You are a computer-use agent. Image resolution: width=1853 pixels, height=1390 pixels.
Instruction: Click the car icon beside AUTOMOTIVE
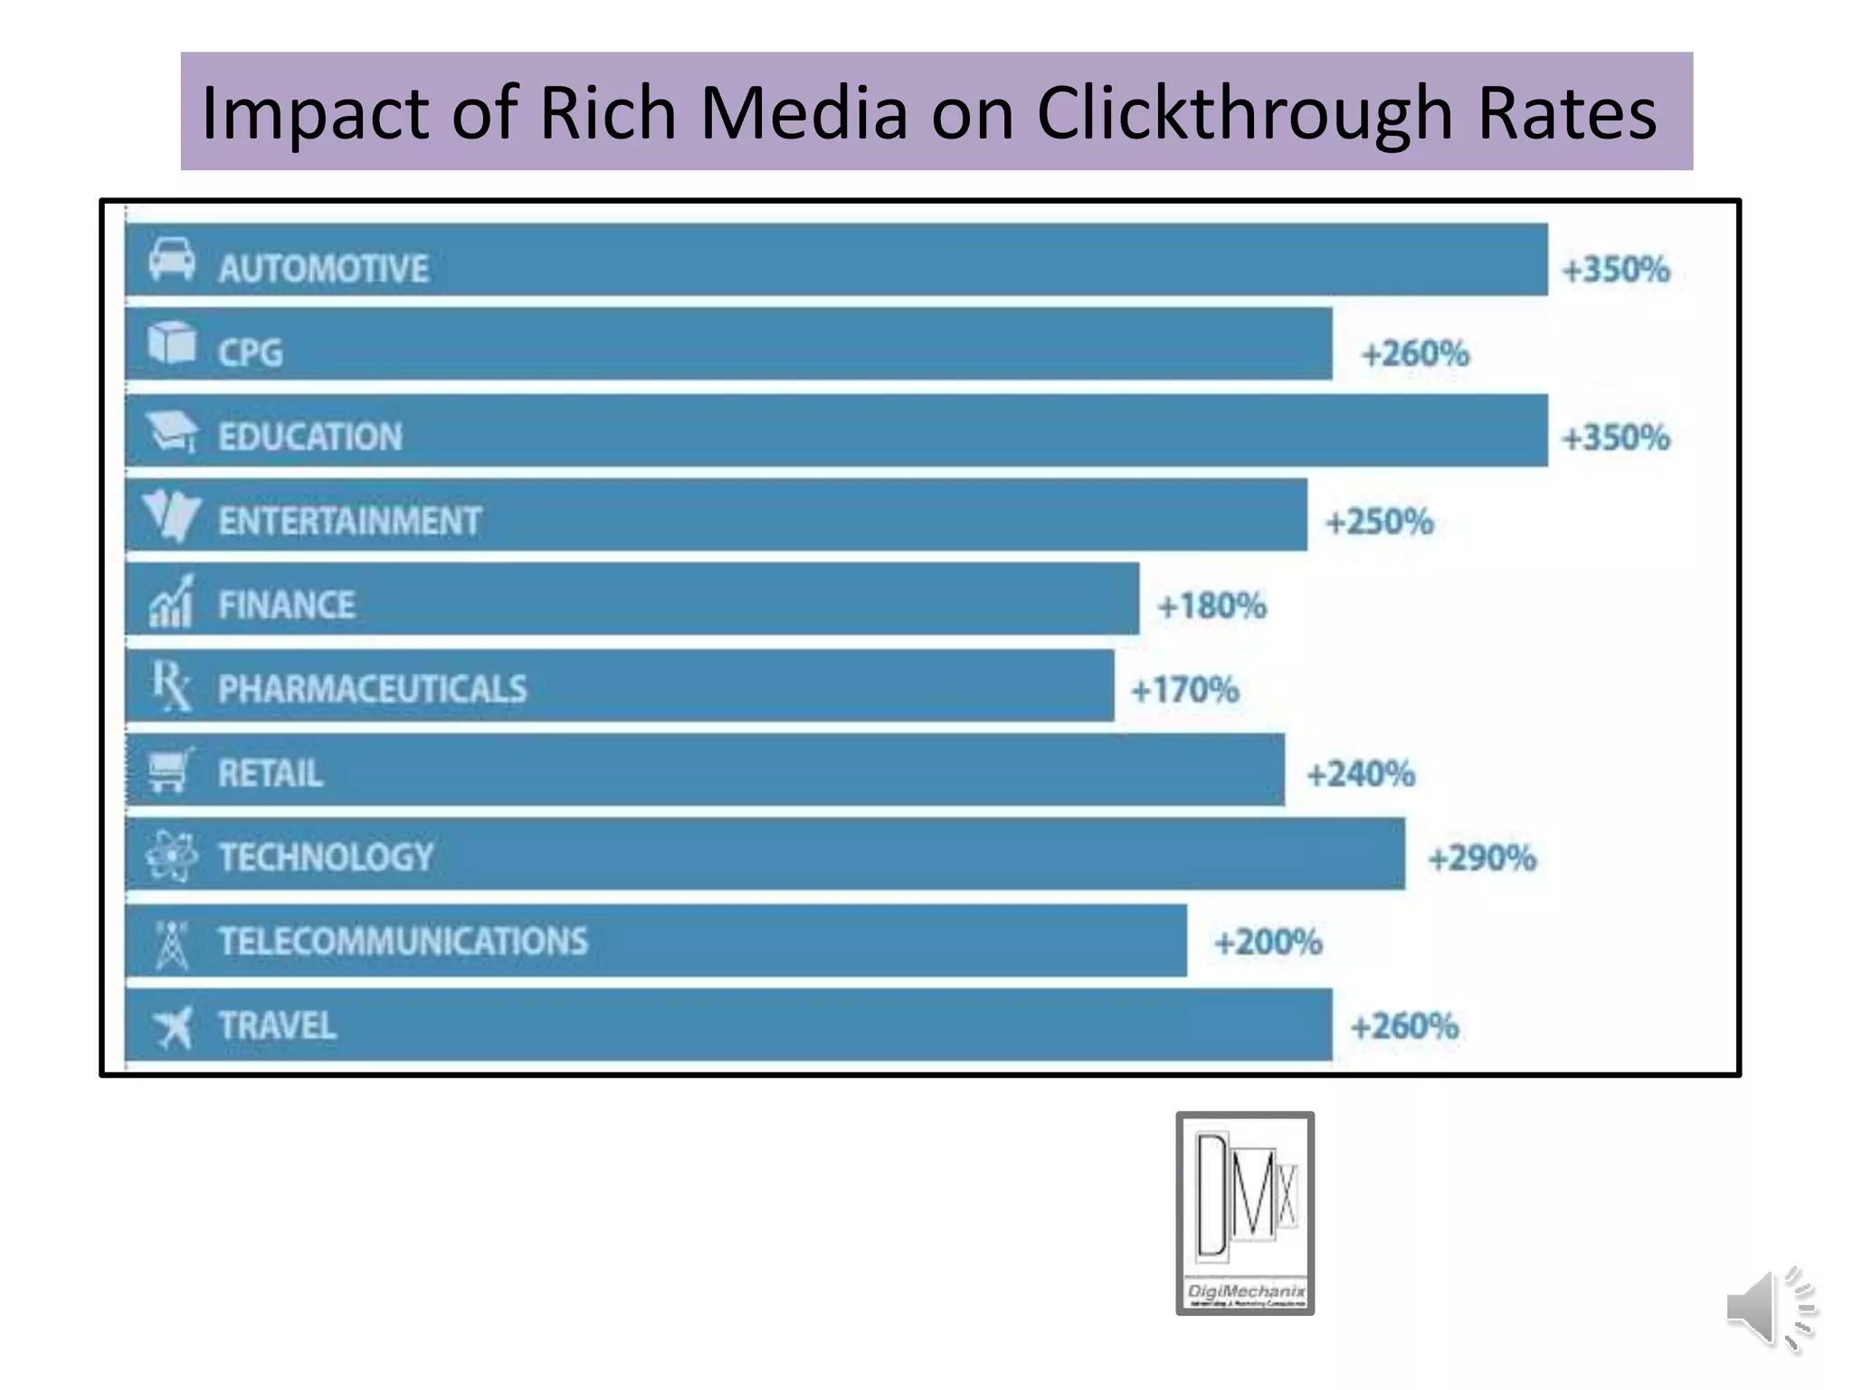[172, 261]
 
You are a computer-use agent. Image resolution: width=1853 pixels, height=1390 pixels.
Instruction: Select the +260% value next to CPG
[1415, 354]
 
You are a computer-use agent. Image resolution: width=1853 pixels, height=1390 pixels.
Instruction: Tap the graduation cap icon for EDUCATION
[172, 432]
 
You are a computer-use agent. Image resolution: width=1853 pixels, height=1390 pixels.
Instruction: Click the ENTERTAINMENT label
[349, 521]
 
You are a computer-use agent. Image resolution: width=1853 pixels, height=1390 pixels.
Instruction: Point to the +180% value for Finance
[1212, 606]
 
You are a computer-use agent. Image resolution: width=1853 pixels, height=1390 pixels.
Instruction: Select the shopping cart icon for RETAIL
[170, 771]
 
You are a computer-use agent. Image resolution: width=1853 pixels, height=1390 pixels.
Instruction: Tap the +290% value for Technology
[1482, 858]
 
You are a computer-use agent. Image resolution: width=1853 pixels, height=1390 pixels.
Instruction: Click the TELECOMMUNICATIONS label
[403, 941]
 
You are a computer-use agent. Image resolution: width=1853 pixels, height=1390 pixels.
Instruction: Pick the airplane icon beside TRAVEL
[173, 1027]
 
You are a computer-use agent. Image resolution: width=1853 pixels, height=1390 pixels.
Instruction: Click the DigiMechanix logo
[1245, 1213]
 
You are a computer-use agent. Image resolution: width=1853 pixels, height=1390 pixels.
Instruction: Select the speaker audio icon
[1770, 1309]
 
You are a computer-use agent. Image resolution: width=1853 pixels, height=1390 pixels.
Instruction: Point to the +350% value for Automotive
[1616, 270]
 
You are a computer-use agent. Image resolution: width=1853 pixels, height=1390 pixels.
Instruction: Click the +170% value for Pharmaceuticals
[1185, 690]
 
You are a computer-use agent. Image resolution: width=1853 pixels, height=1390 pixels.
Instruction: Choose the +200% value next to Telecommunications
[1268, 943]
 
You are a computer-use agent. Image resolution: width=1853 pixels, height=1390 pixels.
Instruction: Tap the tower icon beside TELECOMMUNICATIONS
[171, 945]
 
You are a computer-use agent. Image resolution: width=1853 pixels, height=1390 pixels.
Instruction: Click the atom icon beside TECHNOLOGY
[171, 856]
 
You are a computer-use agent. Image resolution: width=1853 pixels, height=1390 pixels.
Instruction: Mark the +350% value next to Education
[1616, 438]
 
